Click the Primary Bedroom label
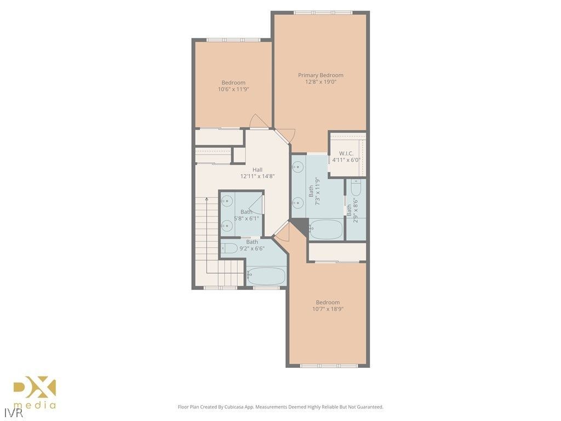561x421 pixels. point(320,75)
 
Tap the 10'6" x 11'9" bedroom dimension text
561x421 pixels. point(233,89)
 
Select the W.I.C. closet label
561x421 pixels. point(346,153)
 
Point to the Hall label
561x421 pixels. point(257,169)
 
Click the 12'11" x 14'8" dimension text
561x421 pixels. point(257,177)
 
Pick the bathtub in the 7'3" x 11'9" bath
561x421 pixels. point(325,229)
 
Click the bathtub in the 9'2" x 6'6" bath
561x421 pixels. point(265,275)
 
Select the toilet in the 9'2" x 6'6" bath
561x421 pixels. point(230,248)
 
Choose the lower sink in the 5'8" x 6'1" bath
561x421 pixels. point(226,225)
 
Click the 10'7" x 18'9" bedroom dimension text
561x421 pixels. point(328,309)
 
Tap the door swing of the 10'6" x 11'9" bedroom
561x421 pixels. point(260,122)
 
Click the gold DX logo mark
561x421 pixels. point(35,388)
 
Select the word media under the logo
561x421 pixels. point(38,406)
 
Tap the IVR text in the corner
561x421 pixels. point(9,410)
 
